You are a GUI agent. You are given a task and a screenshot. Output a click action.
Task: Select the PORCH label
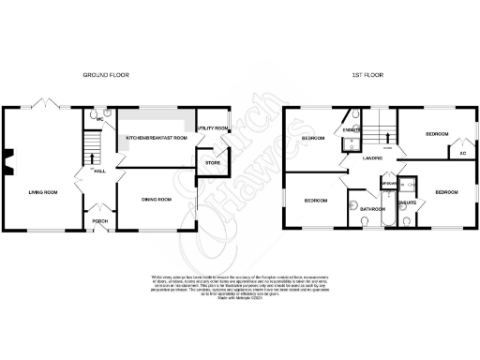[x=97, y=221]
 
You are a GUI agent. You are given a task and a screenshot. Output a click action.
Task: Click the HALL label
[x=100, y=172]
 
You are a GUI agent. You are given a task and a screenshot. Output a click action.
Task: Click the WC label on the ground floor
[x=98, y=119]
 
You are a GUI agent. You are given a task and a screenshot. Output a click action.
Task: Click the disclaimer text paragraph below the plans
[x=239, y=285]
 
